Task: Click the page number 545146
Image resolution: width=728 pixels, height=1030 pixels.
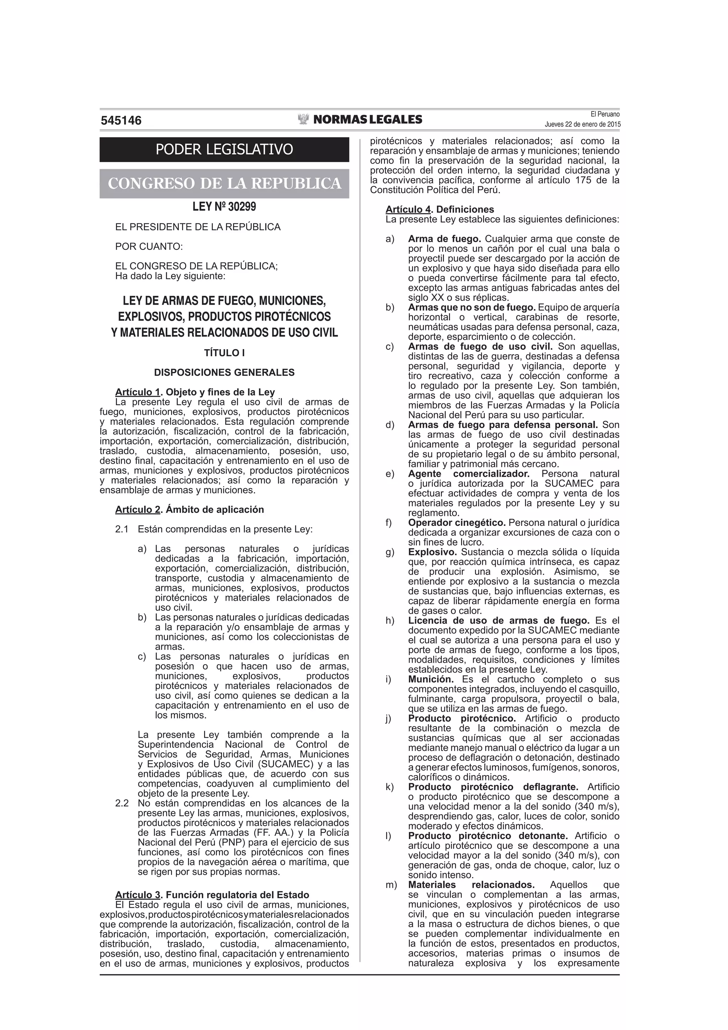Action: [x=121, y=121]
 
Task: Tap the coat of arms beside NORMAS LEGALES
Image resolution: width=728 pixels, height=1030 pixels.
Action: [x=304, y=119]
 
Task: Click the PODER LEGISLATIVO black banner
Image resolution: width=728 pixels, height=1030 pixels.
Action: [x=224, y=149]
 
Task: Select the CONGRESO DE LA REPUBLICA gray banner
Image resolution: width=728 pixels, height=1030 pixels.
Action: [x=224, y=183]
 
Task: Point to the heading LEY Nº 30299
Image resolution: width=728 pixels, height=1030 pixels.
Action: [x=224, y=207]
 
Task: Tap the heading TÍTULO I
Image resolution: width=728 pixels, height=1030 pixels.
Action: [x=224, y=353]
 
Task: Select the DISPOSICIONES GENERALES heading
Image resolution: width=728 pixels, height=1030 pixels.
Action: [x=224, y=372]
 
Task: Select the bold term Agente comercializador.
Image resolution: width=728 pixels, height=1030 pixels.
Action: [x=469, y=474]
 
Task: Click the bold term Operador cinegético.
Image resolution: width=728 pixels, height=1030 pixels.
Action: [x=457, y=523]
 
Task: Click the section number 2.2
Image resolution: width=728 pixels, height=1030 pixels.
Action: [x=122, y=803]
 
